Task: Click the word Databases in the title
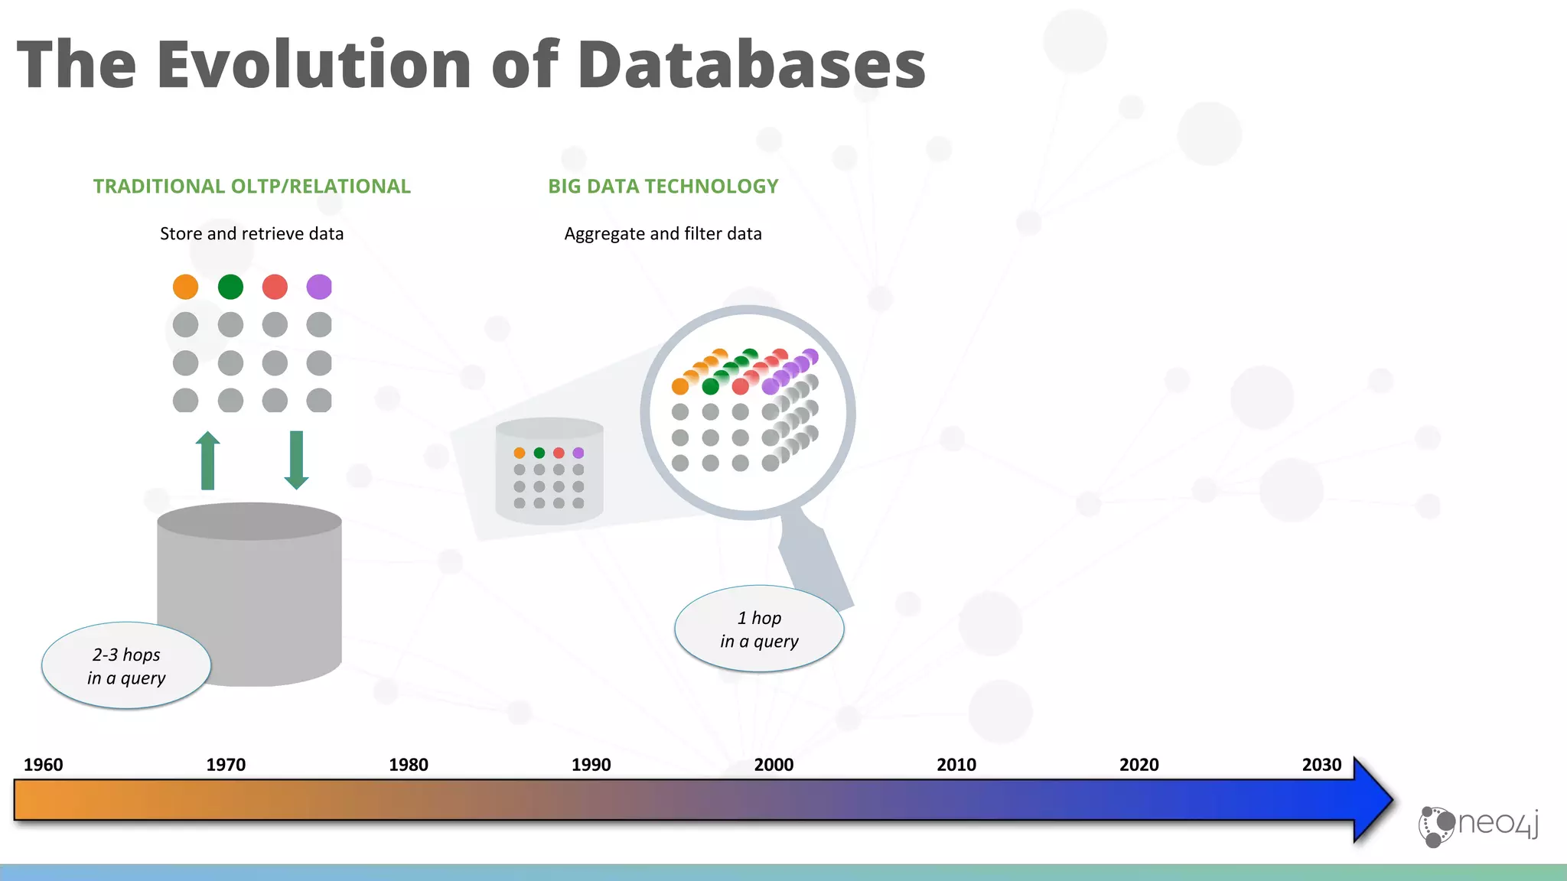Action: [751, 64]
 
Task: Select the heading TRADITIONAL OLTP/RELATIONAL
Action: [252, 187]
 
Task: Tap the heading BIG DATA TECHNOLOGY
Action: [663, 187]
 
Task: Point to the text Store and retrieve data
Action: [252, 234]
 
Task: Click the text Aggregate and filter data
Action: [663, 234]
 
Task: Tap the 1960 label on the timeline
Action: [44, 765]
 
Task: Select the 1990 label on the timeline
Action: [591, 765]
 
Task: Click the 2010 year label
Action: [956, 765]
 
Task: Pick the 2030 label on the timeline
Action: [1321, 765]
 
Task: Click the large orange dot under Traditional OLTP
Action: [185, 287]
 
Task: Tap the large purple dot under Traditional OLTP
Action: [319, 287]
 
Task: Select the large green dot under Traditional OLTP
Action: [230, 287]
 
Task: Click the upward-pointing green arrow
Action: [207, 461]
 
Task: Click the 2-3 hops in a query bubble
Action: [126, 666]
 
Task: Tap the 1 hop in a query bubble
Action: [759, 629]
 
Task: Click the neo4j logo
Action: [1478, 825]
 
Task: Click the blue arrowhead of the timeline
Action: [1372, 800]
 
